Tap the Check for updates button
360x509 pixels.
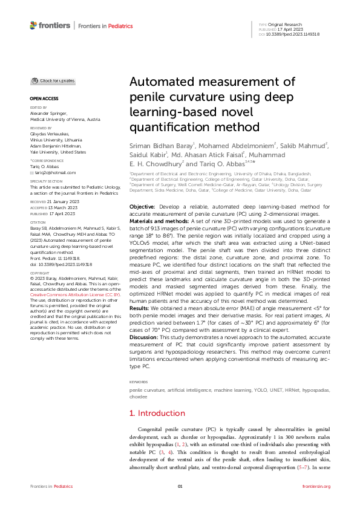click(x=53, y=81)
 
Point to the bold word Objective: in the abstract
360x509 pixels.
click(x=142, y=207)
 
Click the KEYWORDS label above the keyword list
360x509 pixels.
click(x=139, y=382)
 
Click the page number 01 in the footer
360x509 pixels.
click(x=180, y=486)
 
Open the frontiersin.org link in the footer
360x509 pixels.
click(x=316, y=486)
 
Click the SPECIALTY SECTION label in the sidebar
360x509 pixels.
click(x=46, y=181)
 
